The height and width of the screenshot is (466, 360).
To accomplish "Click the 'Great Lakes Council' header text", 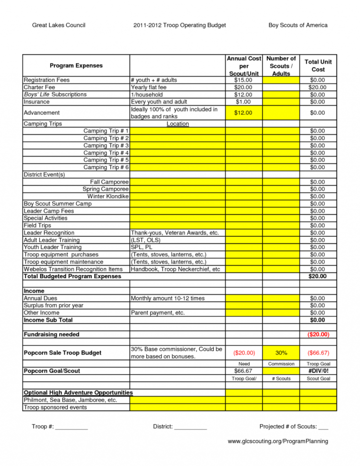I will [x=59, y=25].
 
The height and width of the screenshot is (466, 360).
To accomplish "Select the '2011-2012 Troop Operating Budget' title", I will [x=180, y=25].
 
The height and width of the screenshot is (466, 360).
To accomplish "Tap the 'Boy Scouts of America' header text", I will [x=298, y=25].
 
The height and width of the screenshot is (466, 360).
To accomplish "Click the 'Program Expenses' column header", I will [x=76, y=65].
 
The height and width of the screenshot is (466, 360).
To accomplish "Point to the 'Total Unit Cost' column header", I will [x=318, y=65].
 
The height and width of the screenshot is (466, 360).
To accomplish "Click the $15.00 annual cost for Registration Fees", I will [x=243, y=80].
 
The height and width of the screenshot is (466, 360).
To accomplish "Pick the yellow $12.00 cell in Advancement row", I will [x=243, y=113].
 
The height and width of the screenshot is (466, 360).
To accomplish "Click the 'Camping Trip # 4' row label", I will [x=106, y=153].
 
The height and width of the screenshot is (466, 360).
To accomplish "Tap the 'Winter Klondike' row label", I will [x=108, y=196].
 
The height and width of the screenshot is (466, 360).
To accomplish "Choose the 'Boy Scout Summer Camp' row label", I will [x=58, y=204].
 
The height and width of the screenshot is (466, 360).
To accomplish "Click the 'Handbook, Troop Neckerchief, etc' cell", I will [x=175, y=269].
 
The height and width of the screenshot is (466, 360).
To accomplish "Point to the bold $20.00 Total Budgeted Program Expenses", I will [x=318, y=276].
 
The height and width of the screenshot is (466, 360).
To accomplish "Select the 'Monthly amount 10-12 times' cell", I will [x=168, y=298].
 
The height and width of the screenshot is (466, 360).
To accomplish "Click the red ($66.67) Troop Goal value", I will [x=318, y=353].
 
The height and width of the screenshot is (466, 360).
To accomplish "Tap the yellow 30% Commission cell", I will [x=281, y=353].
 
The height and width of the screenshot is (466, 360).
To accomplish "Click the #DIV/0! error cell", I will [x=318, y=371].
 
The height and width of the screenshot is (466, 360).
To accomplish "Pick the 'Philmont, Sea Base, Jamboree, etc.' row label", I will [x=70, y=400].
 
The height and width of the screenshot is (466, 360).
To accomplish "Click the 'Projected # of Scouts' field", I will [x=293, y=427].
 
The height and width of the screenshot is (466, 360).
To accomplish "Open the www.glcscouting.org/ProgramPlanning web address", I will [x=278, y=441].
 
